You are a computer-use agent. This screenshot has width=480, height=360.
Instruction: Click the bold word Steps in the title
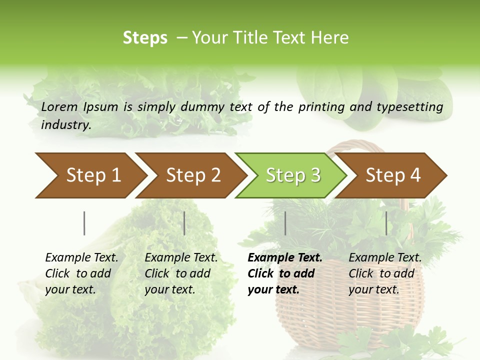point(145,38)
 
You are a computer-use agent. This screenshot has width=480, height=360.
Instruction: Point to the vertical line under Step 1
point(84,223)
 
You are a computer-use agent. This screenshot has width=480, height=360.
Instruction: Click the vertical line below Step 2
point(184,223)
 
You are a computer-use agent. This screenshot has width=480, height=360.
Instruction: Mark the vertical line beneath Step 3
point(285,223)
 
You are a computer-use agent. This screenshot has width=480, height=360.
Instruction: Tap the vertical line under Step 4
point(386,223)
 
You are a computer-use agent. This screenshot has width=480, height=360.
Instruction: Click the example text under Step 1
point(81,273)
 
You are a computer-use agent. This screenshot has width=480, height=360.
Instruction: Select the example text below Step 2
point(180,273)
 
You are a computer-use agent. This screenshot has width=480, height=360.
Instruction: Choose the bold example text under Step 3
point(284,273)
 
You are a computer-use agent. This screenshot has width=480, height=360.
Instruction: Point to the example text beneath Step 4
point(384,273)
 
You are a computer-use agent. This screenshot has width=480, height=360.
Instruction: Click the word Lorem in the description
point(59,106)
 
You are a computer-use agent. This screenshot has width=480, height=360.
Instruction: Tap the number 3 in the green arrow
point(315,175)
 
